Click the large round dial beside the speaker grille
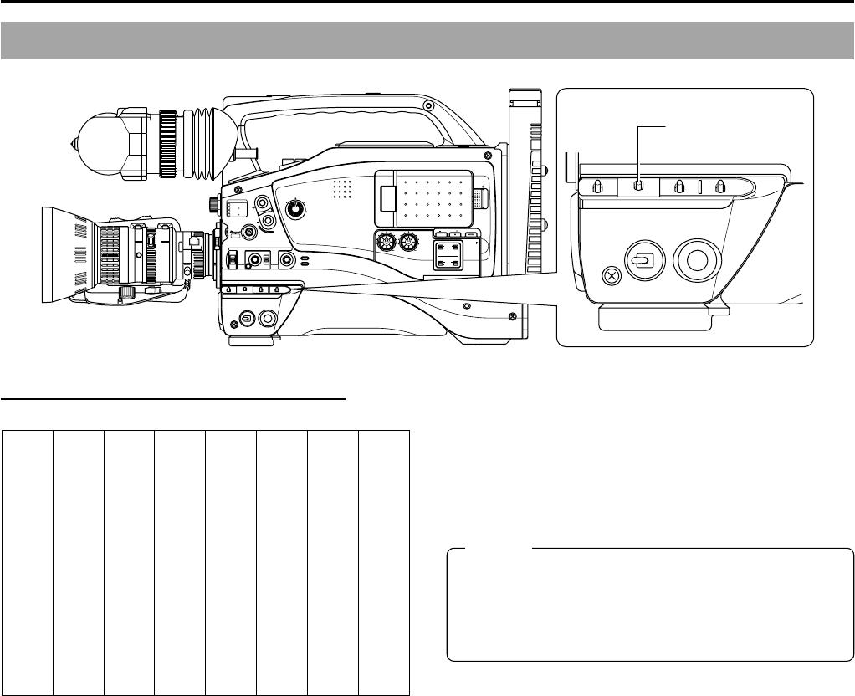296,207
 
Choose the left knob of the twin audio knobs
387,243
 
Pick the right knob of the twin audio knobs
408,243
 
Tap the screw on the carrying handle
428,106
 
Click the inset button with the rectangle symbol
642,260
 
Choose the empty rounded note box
650,605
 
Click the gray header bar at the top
427,41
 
